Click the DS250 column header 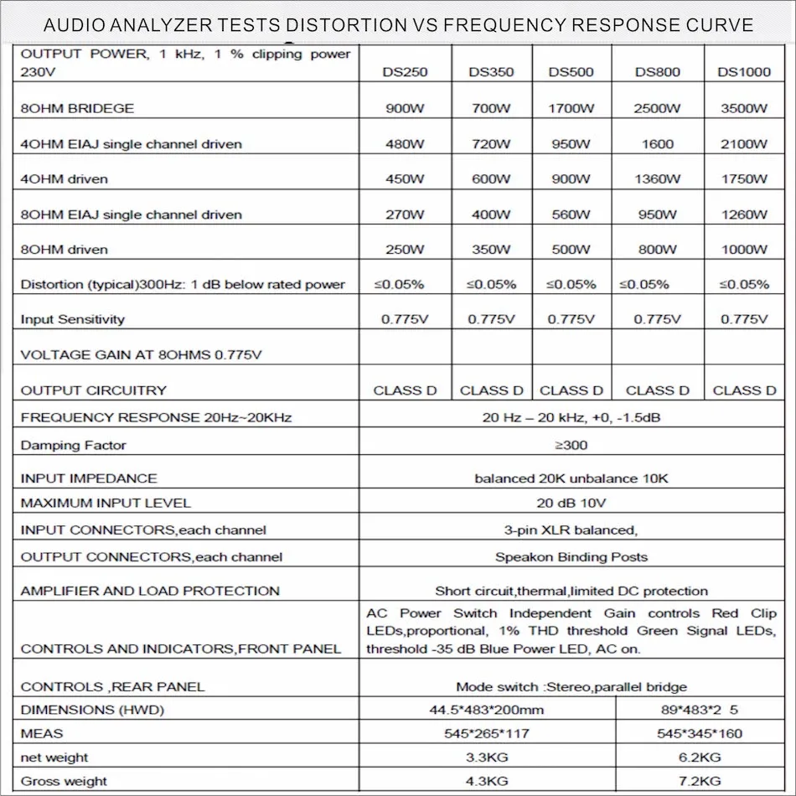405,72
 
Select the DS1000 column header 743,72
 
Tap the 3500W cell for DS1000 743,108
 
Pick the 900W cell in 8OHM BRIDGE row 405,108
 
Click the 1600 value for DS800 657,143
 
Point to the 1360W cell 657,178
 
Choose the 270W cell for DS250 405,214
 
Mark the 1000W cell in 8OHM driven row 743,249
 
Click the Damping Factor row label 74,445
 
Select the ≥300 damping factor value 571,445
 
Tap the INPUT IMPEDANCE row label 89,478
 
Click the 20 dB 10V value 571,503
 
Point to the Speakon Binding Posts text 571,556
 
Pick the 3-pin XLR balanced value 571,530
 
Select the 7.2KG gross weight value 701,781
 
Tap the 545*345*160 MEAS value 701,733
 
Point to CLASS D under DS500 571,390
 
